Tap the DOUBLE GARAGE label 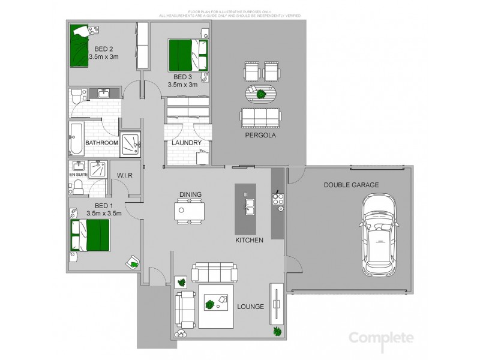click(351, 185)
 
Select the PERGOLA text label click(260, 136)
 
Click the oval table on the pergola click(262, 94)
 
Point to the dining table click(189, 211)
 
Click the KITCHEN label click(250, 240)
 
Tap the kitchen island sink click(249, 206)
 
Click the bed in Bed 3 click(187, 55)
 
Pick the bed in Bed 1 click(90, 235)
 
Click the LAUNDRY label click(186, 143)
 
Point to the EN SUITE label click(78, 174)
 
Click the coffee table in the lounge click(215, 304)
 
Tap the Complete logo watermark click(381, 338)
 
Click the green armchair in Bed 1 click(133, 262)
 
